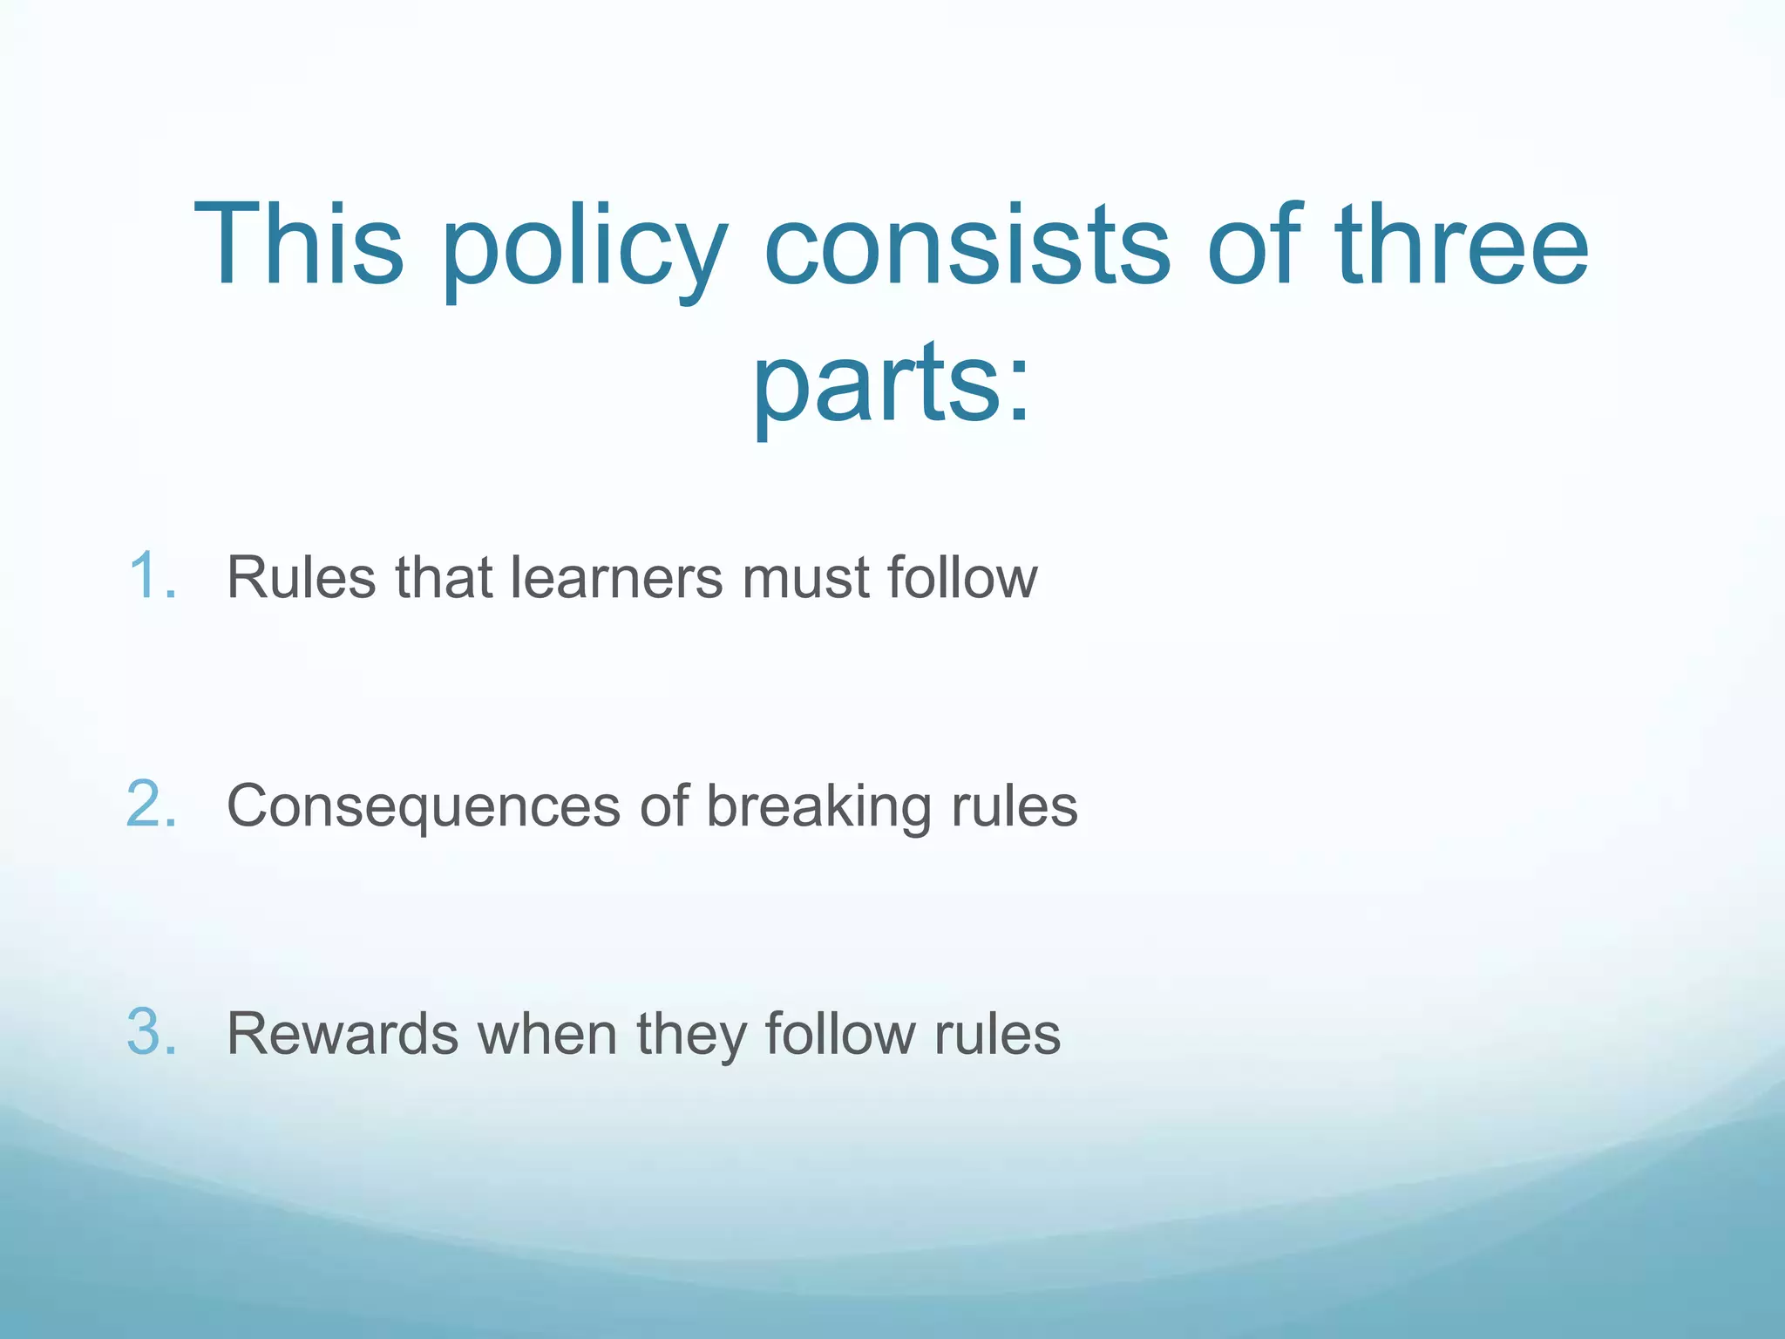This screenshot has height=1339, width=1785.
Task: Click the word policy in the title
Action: point(584,248)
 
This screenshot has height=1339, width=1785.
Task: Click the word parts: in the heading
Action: point(891,384)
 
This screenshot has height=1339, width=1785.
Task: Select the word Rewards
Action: point(342,1034)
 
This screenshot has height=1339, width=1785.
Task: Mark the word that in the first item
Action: point(444,577)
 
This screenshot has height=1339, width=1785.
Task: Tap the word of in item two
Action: point(663,805)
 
